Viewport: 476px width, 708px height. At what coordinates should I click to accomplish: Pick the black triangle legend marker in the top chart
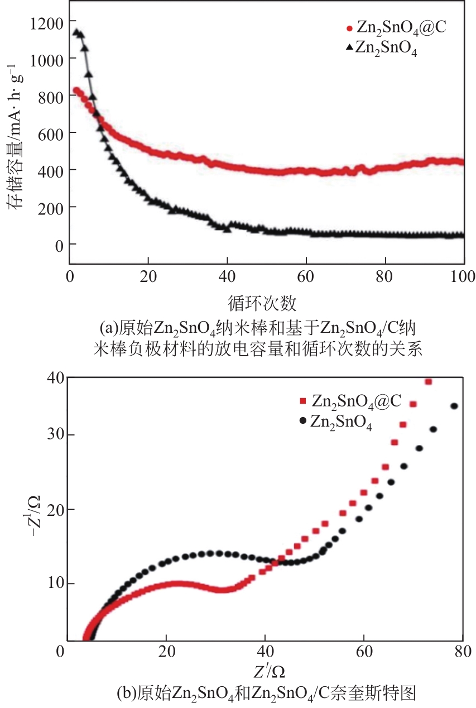(349, 49)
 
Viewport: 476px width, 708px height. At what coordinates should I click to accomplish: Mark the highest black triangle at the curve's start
(77, 32)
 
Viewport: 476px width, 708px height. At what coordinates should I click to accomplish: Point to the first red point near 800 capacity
(76, 90)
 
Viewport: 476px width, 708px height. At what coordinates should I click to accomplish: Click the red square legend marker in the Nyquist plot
(303, 400)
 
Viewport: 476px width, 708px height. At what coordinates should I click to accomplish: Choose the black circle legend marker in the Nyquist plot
(302, 420)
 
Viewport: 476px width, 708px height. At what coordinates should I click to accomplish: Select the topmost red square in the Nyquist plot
(429, 382)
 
